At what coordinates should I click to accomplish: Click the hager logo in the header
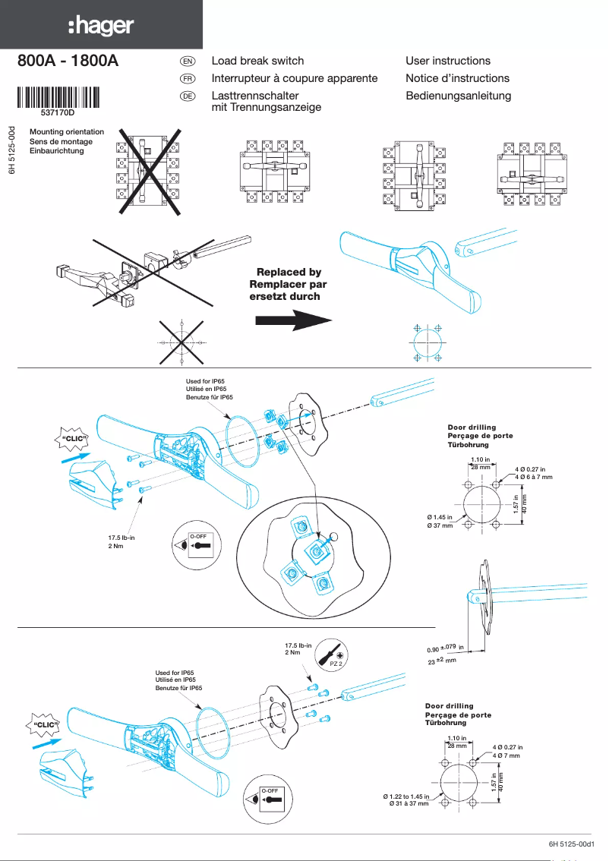coord(101,27)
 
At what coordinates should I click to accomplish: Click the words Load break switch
coord(257,61)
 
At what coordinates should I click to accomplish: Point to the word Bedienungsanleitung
coord(458,96)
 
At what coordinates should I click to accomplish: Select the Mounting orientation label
coord(67,132)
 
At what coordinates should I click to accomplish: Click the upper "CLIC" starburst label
coord(74,439)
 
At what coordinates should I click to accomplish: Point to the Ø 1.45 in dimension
coord(440,517)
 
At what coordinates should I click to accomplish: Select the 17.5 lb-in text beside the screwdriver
coord(298,645)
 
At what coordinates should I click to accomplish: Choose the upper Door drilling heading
coord(472,427)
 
